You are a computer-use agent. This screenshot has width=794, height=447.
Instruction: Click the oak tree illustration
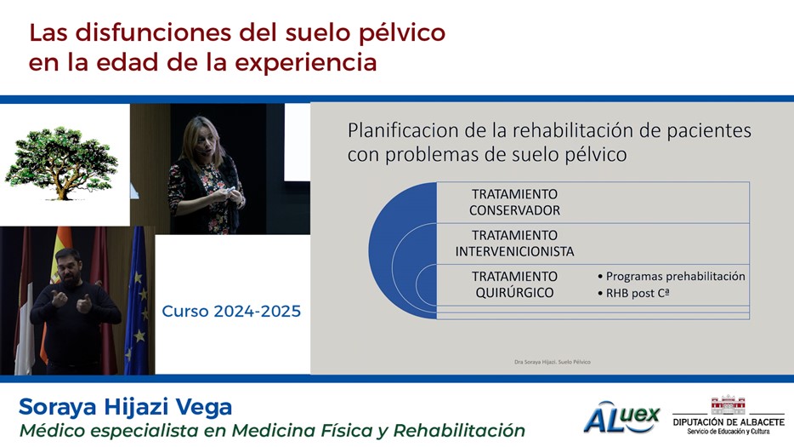coord(61,163)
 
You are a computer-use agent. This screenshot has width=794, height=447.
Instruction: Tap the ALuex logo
coord(621,417)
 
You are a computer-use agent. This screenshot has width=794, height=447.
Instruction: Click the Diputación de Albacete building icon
coord(729,405)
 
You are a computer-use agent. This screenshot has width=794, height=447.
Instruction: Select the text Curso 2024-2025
coord(231,311)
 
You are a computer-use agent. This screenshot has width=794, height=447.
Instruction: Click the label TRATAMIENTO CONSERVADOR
coord(514,202)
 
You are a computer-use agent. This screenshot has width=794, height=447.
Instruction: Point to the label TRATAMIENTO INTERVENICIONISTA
coord(514,243)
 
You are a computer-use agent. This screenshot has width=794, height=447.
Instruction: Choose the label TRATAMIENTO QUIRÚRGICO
coord(514,284)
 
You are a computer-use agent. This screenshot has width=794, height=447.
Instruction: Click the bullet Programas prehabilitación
coord(672,277)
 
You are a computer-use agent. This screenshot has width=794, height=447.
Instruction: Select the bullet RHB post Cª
coord(634,293)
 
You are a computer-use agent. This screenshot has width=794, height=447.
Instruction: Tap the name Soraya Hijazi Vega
coord(126,407)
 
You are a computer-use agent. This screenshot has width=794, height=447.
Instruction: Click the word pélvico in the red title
coord(401,33)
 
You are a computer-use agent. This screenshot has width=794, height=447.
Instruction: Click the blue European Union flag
coord(137,301)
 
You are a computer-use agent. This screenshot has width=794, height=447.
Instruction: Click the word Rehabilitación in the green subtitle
coord(459,430)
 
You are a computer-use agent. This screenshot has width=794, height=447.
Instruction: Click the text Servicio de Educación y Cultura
coord(729,432)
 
